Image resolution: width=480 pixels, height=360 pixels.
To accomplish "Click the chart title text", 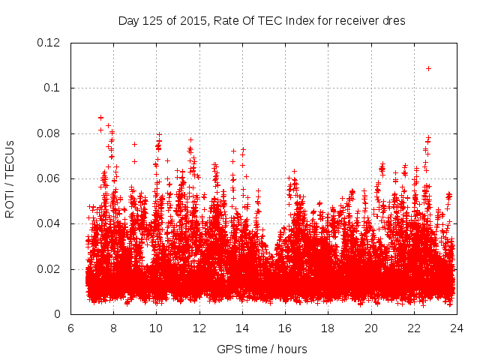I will (262, 21).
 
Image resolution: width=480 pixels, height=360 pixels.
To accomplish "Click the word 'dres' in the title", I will (394, 21).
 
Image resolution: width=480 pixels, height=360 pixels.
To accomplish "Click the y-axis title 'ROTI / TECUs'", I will (10, 178).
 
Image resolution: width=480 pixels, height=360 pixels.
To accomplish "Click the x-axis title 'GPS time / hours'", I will (262, 349).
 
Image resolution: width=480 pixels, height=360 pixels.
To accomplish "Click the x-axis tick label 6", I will (70, 328).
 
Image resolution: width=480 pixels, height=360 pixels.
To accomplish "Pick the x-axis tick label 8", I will (113, 328).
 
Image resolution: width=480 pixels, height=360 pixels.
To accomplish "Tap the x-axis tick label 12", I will (199, 328).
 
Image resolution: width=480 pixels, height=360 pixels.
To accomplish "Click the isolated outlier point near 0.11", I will (428, 68).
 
